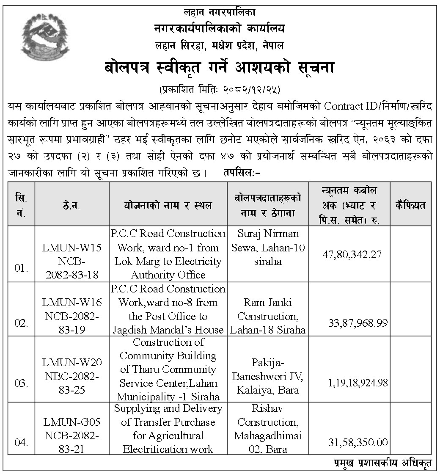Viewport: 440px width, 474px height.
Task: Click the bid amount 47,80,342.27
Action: (352, 254)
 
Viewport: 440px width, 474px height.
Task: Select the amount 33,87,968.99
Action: (358, 323)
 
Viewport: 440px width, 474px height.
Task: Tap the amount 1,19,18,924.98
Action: (358, 383)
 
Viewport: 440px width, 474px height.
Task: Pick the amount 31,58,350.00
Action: (358, 443)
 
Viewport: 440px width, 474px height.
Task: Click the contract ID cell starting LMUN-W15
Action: (72, 261)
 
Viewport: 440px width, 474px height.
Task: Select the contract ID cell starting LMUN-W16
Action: (72, 316)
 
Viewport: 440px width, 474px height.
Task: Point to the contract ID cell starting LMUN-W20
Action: (72, 376)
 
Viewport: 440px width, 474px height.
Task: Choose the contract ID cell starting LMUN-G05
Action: (72, 435)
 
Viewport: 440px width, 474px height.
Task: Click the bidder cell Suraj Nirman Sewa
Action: (268, 248)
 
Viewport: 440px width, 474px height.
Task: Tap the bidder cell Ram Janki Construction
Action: (268, 316)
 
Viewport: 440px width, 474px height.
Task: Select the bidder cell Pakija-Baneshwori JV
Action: (268, 376)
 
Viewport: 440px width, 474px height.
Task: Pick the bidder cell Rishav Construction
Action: (268, 429)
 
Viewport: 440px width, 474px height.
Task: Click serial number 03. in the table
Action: (21, 383)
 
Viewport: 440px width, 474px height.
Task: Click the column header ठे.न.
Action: (72, 206)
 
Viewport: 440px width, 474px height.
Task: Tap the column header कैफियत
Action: (411, 206)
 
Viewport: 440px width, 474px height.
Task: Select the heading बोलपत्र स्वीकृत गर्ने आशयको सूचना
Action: (220, 68)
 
